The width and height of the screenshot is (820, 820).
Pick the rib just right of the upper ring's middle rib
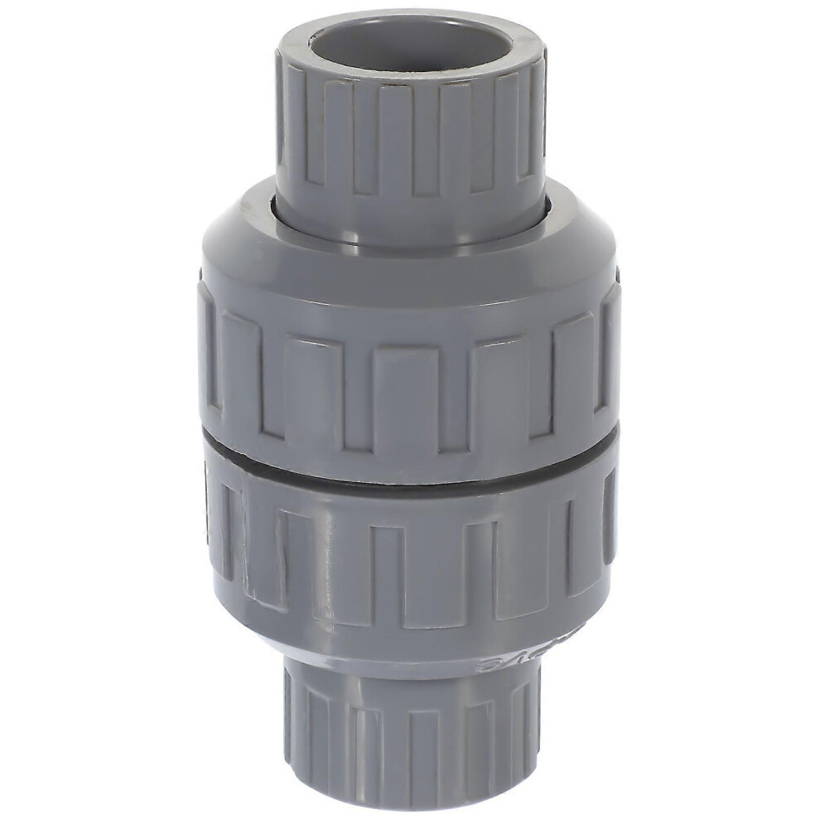coord(499,389)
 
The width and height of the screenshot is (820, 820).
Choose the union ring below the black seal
coord(410,563)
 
